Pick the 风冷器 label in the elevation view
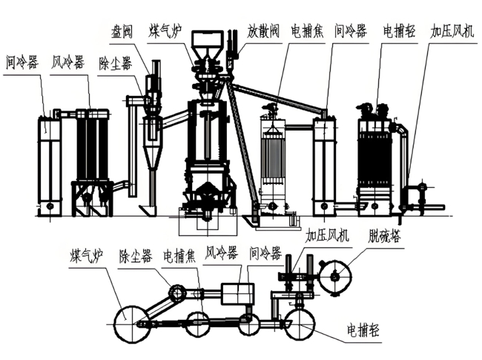[x=68, y=59]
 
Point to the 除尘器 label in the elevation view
[x=116, y=62]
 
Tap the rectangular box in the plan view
[x=237, y=294]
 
